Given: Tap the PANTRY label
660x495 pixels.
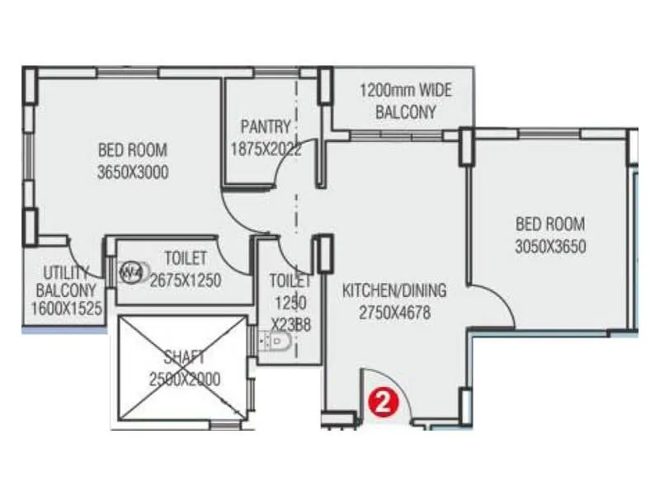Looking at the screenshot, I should point(266,127).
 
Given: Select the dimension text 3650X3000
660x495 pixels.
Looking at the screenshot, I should point(132,172).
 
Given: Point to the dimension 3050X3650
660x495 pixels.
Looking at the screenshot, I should point(550,246).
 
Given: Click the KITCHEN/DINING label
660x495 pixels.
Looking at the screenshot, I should point(394,290).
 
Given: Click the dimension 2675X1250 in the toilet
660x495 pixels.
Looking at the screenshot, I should point(186,280).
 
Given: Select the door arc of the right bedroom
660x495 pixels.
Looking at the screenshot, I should point(495,305).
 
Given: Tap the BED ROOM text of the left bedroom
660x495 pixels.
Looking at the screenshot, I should point(132,150).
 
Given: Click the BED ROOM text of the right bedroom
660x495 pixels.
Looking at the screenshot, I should point(550,224).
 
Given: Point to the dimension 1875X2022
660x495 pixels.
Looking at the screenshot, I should point(266,150).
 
